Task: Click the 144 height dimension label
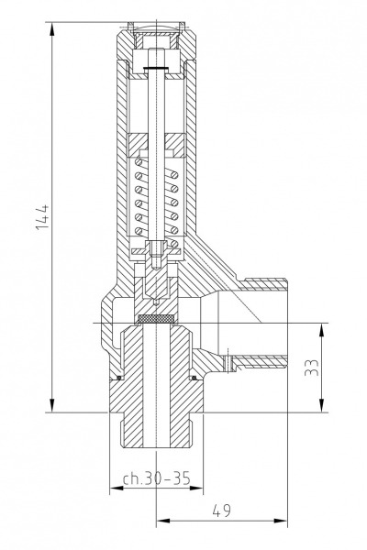pos(43,216)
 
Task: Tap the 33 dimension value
pos(312,368)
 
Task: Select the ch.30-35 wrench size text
pos(157,478)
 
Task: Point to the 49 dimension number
pos(222,511)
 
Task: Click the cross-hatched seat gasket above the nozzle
pos(156,318)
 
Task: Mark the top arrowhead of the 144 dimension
pos(52,28)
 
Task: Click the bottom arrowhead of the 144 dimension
pos(52,405)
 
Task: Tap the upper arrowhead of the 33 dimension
pos(321,329)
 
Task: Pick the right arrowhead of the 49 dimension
pos(281,521)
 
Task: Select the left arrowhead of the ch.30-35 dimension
pos(117,488)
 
